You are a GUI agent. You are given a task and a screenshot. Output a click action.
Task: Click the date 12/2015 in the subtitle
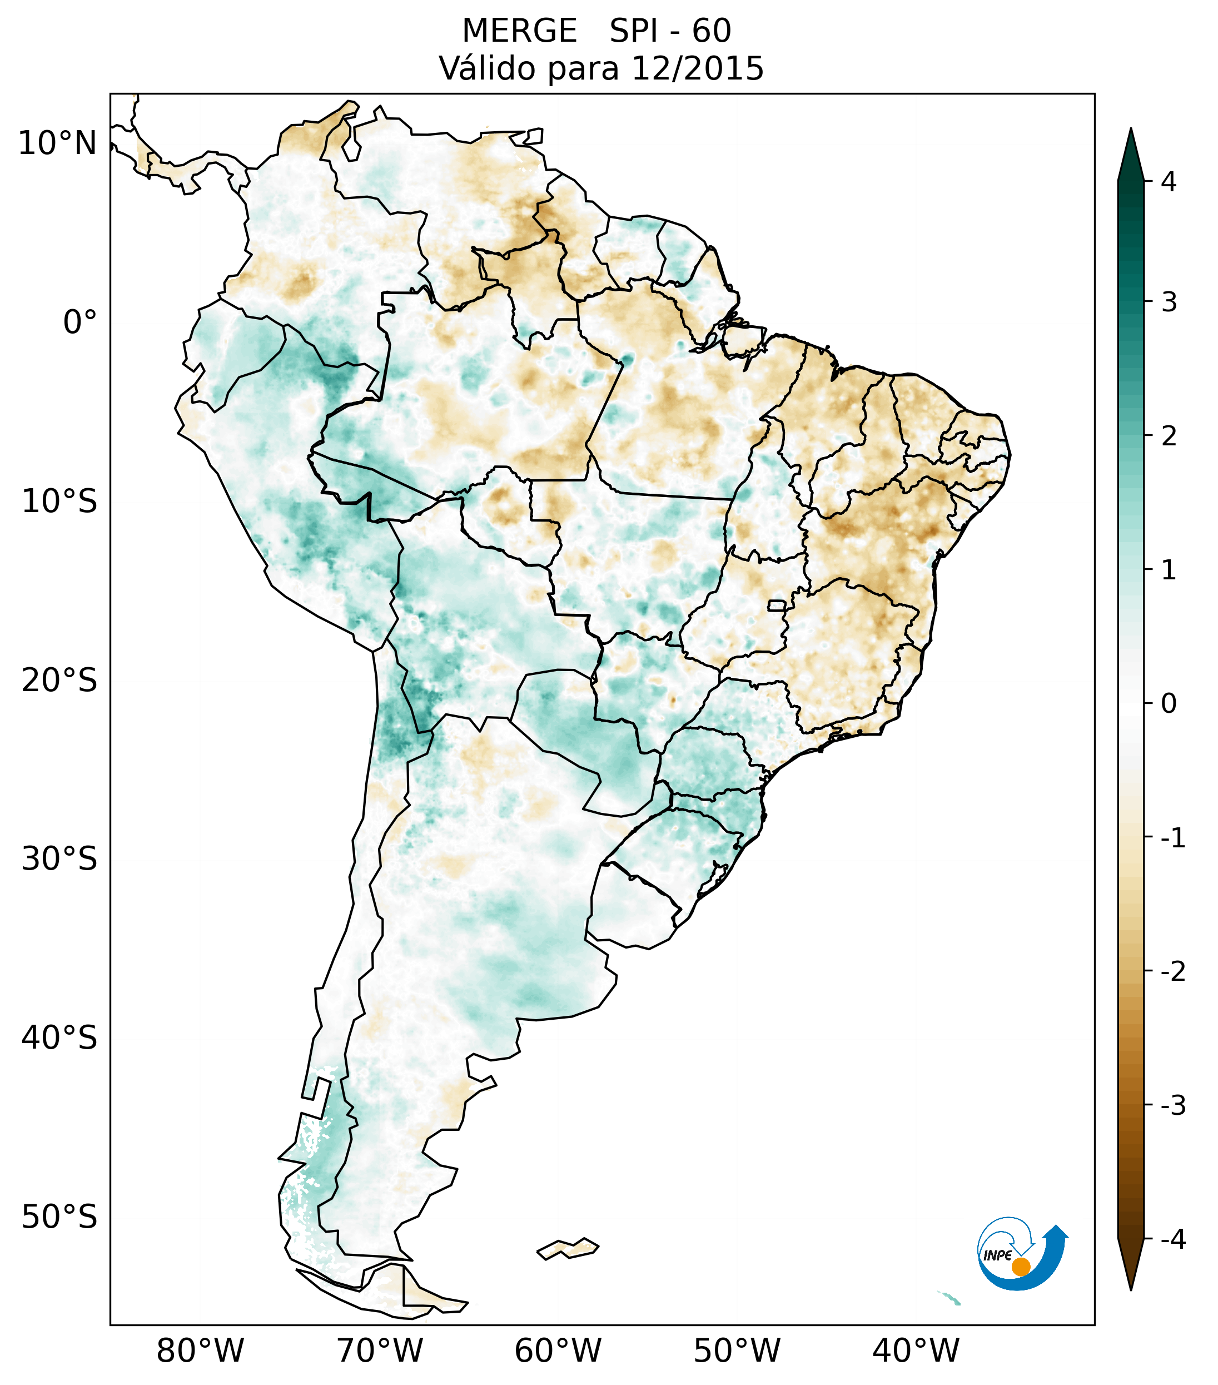pyautogui.click(x=697, y=68)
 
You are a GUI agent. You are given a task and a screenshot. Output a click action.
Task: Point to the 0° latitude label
pyautogui.click(x=80, y=322)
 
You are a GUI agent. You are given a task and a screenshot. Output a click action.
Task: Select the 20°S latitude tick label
pyautogui.click(x=59, y=681)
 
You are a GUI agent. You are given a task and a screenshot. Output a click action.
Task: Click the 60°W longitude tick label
pyautogui.click(x=558, y=1351)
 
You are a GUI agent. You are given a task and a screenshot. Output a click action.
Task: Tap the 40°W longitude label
pyautogui.click(x=916, y=1351)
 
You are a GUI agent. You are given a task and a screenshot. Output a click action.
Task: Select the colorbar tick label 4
pyautogui.click(x=1169, y=182)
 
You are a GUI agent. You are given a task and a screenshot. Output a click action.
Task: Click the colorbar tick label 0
pyautogui.click(x=1169, y=704)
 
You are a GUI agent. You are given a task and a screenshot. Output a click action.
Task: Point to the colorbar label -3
pyautogui.click(x=1172, y=1105)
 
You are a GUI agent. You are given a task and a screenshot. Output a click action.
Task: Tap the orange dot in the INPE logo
pyautogui.click(x=1021, y=1267)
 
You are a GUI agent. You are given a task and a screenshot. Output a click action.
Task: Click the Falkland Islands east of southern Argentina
pyautogui.click(x=568, y=1248)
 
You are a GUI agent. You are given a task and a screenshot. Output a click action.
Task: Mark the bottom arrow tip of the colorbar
pyautogui.click(x=1130, y=1289)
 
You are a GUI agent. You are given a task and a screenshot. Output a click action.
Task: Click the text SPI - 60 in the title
pyautogui.click(x=670, y=31)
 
